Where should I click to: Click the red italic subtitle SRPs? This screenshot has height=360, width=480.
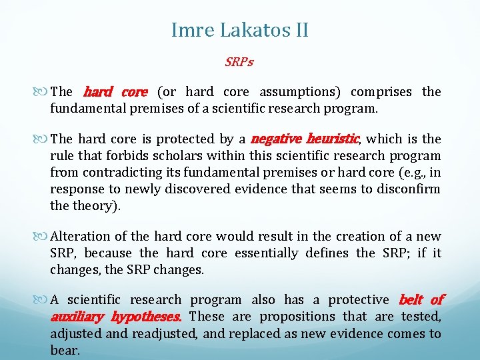(x=239, y=62)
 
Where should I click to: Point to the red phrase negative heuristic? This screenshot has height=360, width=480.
(x=305, y=139)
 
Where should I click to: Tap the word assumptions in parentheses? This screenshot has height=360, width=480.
(x=297, y=92)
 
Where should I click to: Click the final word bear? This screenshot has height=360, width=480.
(x=65, y=351)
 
